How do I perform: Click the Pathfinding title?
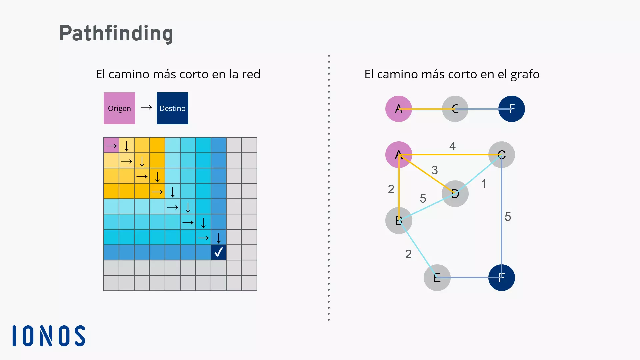[116, 33]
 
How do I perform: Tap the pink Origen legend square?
[119, 108]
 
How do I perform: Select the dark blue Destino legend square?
[172, 108]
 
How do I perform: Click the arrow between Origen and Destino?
[146, 107]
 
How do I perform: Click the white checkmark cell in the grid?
[219, 252]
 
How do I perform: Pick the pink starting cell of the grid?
[111, 145]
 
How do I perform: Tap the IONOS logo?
[49, 336]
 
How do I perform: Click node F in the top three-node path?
[511, 109]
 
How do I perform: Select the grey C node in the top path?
[455, 109]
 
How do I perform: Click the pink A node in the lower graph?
[398, 155]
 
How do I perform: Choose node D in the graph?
[455, 194]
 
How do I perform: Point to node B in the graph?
[398, 220]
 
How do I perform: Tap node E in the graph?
[437, 278]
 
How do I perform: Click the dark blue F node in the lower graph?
[501, 278]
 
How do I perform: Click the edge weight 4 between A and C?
[452, 146]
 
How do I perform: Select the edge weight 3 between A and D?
[435, 170]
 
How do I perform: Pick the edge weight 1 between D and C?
[484, 184]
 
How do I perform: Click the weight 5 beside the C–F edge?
[508, 217]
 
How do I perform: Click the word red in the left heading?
[251, 74]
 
